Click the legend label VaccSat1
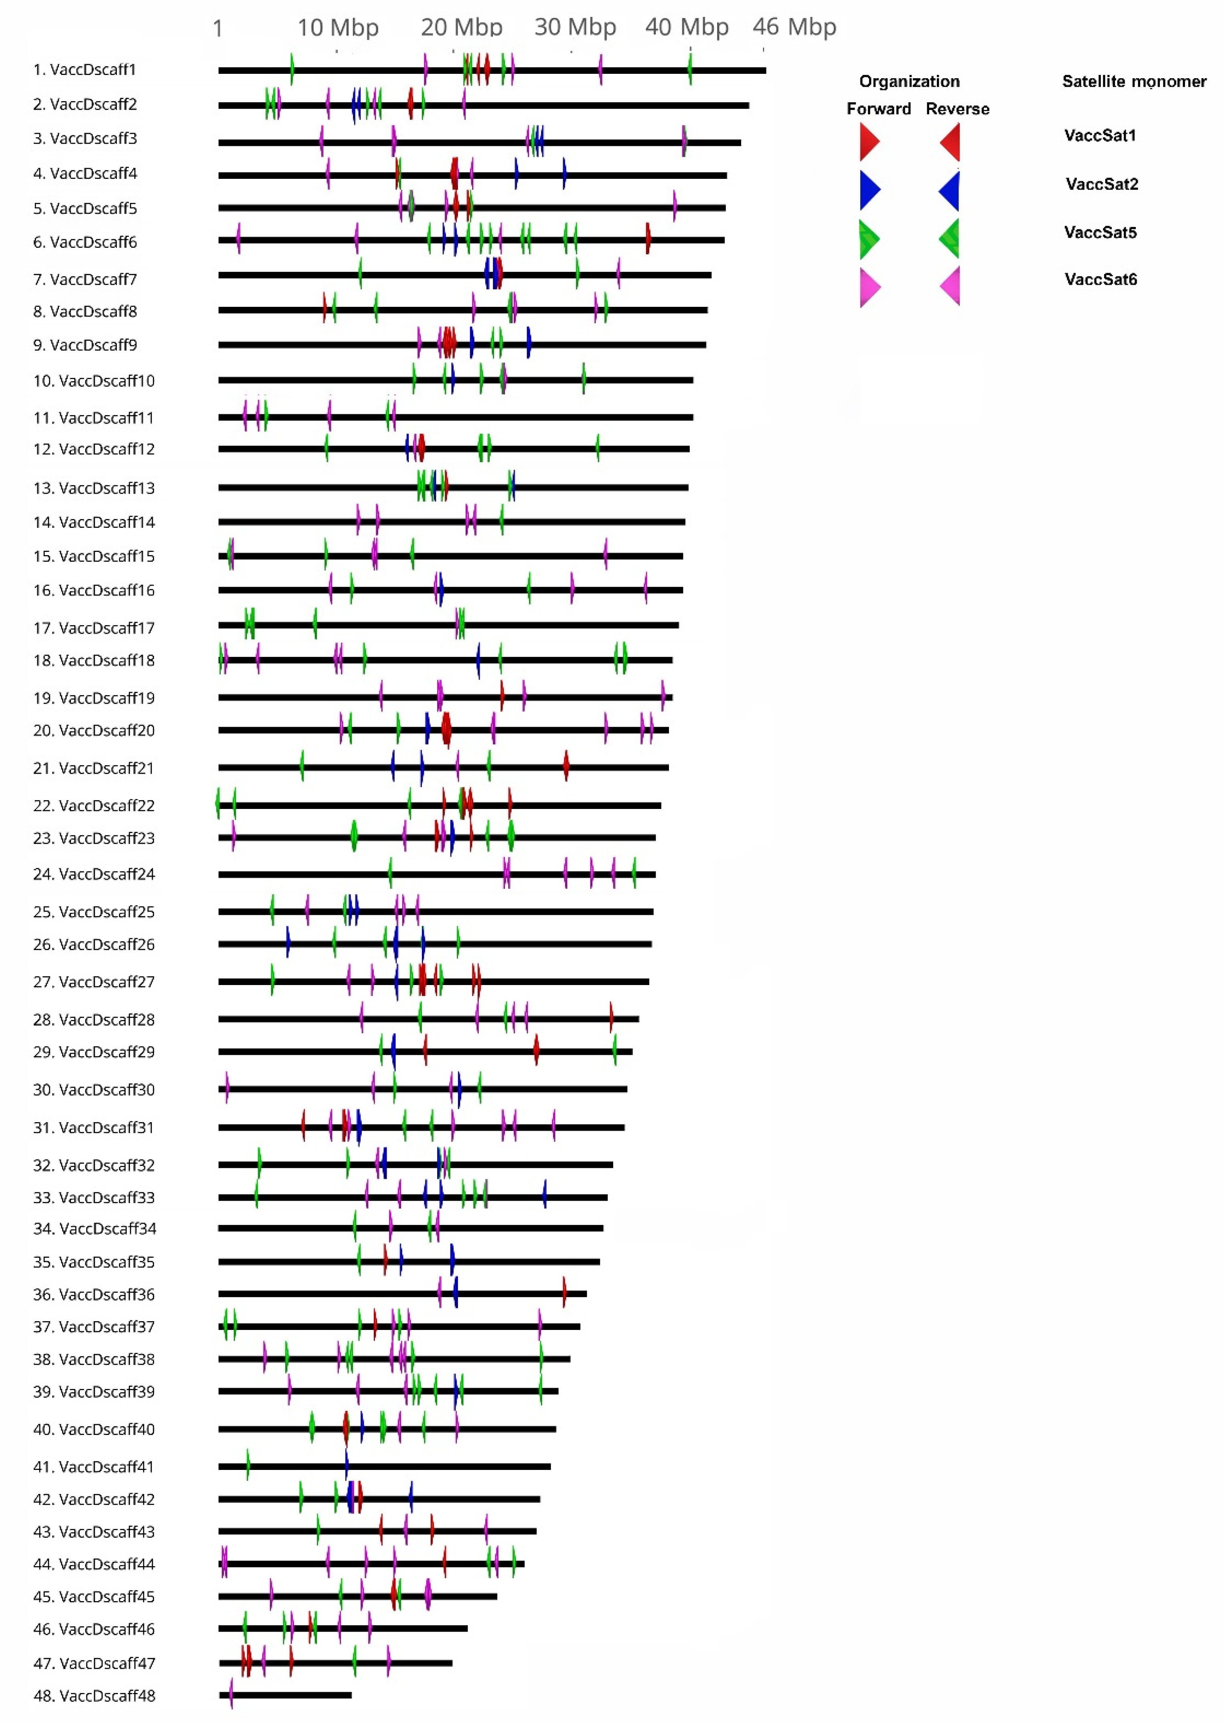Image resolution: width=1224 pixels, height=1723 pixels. [x=1100, y=136]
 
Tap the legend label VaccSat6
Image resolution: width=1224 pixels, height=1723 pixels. [x=1100, y=280]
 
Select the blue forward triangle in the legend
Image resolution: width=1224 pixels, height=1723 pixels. [x=869, y=190]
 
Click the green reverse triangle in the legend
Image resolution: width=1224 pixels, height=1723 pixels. [x=950, y=238]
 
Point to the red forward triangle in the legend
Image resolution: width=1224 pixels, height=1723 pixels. [x=869, y=142]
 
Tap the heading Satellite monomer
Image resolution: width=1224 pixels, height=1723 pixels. [x=1133, y=81]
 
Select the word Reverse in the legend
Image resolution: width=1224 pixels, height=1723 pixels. [x=957, y=109]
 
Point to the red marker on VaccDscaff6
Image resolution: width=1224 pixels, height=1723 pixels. [x=647, y=239]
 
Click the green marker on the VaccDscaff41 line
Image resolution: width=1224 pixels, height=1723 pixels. [x=248, y=1464]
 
